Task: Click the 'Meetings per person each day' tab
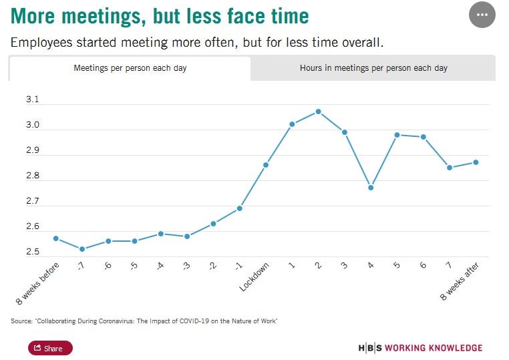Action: (x=130, y=68)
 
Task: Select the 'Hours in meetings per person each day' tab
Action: (x=373, y=68)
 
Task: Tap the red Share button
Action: (x=50, y=348)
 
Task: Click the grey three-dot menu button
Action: (x=482, y=15)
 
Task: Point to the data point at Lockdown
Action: (x=266, y=164)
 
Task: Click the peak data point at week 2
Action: (x=318, y=112)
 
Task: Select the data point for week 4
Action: (x=371, y=187)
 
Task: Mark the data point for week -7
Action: (x=82, y=249)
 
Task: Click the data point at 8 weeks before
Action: (x=56, y=238)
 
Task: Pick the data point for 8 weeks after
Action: (x=475, y=162)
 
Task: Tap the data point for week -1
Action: (x=240, y=208)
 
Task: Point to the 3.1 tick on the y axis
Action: (x=32, y=100)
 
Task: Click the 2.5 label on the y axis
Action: (x=32, y=252)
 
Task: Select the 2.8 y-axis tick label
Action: (x=32, y=176)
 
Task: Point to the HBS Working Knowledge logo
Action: (x=420, y=348)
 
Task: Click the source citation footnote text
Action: (x=144, y=321)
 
